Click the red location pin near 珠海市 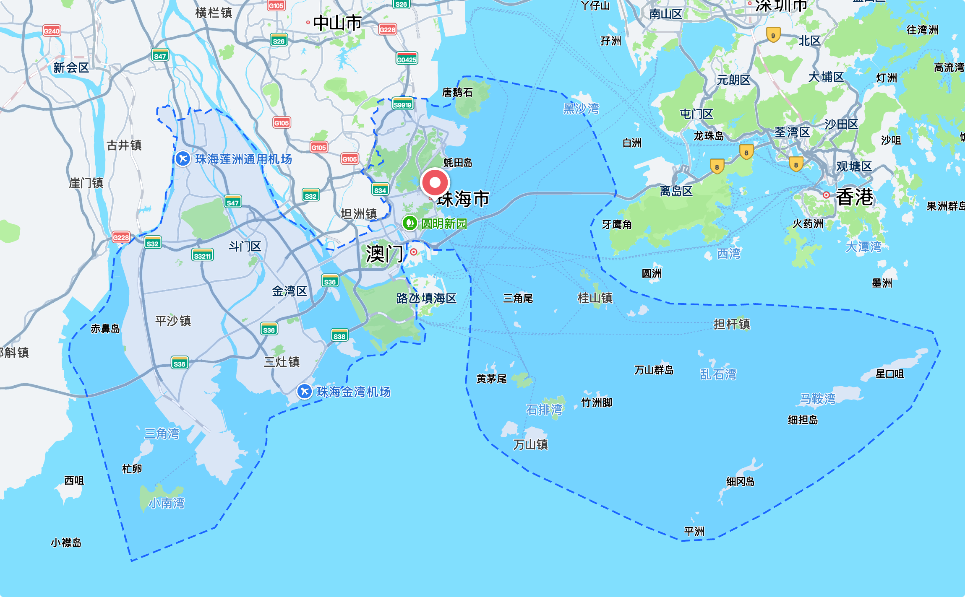coord(435,183)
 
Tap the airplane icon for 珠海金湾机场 coord(304,392)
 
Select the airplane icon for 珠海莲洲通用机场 coord(183,159)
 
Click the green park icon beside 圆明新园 coord(409,223)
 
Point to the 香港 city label coord(854,197)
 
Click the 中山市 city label coord(337,23)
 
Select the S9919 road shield coord(402,104)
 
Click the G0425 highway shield coord(407,59)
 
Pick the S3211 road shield coord(202,255)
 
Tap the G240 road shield coord(52,31)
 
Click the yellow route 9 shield coord(773,35)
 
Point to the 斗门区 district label coord(245,246)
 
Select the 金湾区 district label coord(289,291)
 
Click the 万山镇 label coord(530,444)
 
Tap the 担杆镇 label coord(732,324)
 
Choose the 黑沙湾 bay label coord(581,109)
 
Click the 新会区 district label coord(71,67)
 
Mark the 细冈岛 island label coord(740,482)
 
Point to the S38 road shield coord(339,336)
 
